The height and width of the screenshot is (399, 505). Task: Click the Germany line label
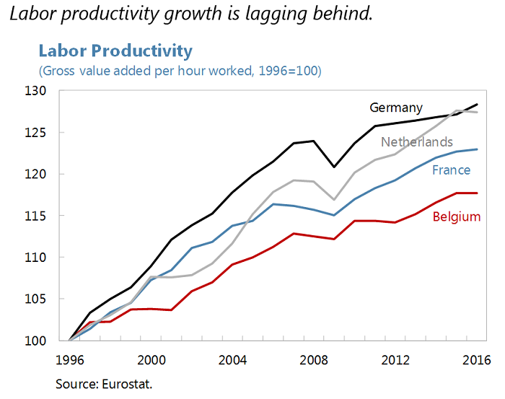(x=396, y=108)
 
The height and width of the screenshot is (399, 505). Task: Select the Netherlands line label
(x=417, y=141)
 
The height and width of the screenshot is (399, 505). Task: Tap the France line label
(x=451, y=170)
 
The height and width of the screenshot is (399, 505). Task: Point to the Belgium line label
(x=456, y=216)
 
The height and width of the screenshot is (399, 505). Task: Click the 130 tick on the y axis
(x=54, y=91)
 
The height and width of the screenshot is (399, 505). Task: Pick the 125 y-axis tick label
(x=54, y=133)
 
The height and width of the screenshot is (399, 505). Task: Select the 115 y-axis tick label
(x=54, y=216)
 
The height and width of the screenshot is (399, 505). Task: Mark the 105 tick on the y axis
(x=54, y=299)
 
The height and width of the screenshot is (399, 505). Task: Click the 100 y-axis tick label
(x=54, y=341)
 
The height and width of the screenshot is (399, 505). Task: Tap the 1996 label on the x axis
(x=70, y=359)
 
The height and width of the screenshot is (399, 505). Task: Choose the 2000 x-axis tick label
(x=151, y=359)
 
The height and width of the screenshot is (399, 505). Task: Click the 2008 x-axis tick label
(x=313, y=359)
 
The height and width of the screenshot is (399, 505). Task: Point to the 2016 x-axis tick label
(x=476, y=359)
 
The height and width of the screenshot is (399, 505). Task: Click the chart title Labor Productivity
(x=115, y=51)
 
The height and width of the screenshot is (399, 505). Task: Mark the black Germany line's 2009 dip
(x=333, y=167)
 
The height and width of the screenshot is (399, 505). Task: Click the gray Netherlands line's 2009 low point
(x=333, y=199)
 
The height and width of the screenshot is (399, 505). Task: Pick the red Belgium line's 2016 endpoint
(x=475, y=193)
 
